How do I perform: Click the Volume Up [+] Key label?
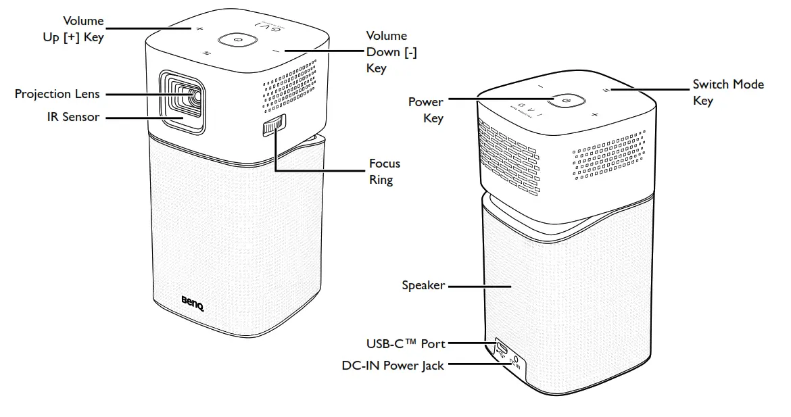tap(73, 30)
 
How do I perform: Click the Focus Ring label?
tap(384, 172)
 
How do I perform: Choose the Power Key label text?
tap(426, 110)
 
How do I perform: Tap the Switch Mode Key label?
tap(727, 93)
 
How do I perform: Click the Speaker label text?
tap(423, 285)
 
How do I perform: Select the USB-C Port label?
tap(406, 344)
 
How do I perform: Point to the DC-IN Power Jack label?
tap(393, 366)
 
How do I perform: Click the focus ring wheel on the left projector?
tap(273, 126)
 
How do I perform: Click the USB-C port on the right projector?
tap(502, 347)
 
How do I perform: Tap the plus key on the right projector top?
tap(595, 115)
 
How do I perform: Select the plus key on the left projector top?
tap(199, 29)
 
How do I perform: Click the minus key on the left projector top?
tap(276, 51)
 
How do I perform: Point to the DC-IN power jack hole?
tap(515, 360)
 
